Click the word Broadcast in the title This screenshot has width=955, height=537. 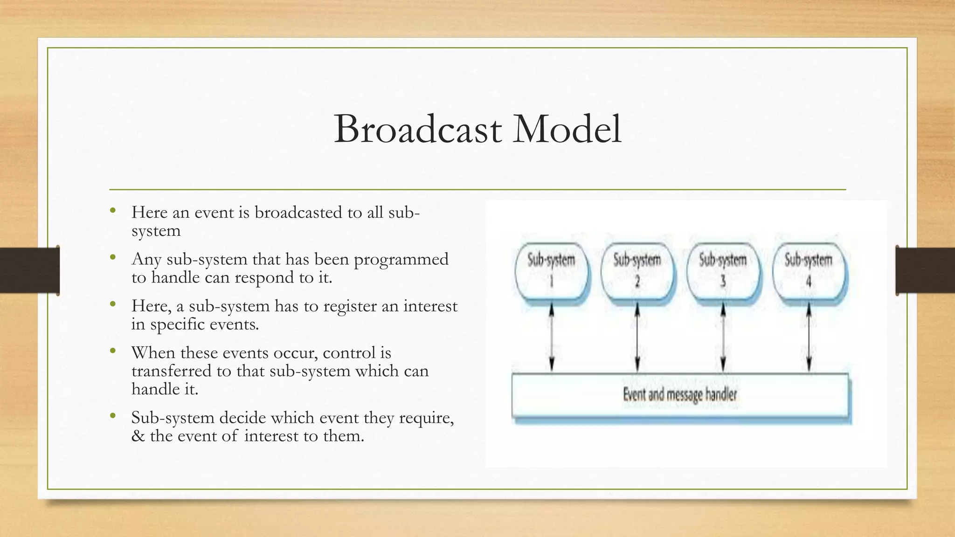pyautogui.click(x=418, y=129)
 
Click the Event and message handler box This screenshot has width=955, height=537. pyautogui.click(x=680, y=395)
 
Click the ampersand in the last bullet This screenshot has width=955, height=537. pyautogui.click(x=138, y=436)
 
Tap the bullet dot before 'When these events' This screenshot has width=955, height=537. pyautogui.click(x=113, y=351)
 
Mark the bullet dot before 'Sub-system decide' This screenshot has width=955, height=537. pyautogui.click(x=113, y=415)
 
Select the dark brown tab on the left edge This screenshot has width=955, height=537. pyautogui.click(x=29, y=270)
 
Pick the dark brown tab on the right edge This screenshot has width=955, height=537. pyautogui.click(x=926, y=270)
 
